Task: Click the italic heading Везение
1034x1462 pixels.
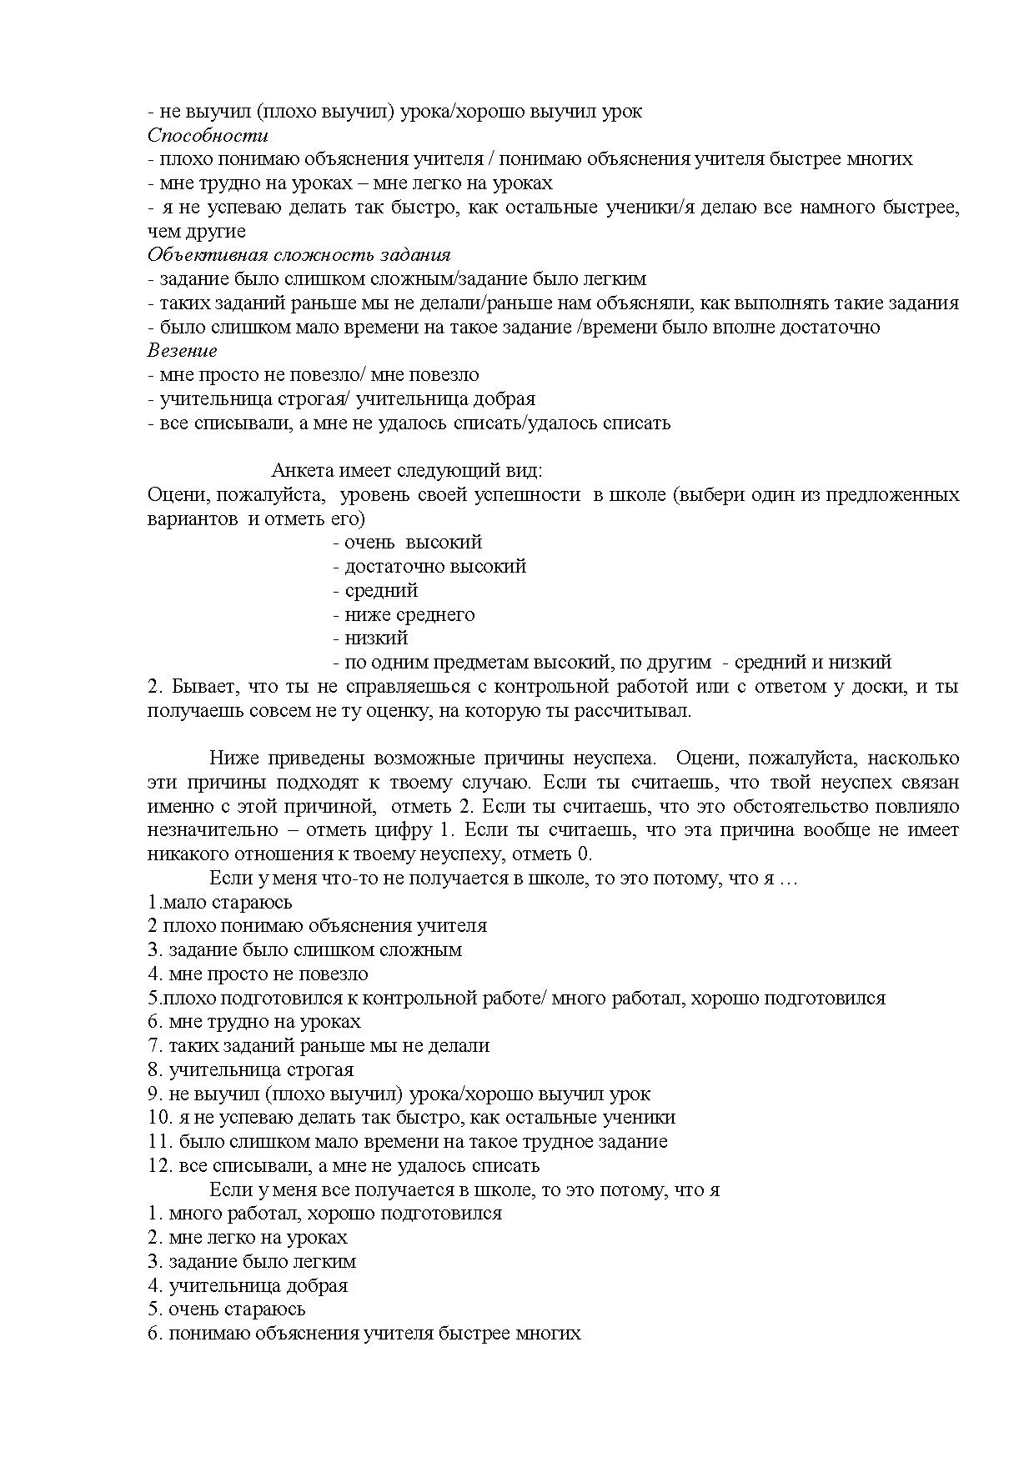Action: coord(182,351)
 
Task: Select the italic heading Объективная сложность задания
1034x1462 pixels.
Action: coord(299,255)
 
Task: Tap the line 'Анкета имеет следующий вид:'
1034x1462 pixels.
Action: coord(407,471)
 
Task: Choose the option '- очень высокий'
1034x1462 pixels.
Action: coord(407,543)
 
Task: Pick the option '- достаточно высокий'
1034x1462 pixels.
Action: coord(429,567)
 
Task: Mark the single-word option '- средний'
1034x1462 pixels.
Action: coord(374,591)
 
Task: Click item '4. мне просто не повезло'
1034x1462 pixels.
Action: coord(258,974)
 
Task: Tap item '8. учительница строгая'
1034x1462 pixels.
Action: coord(250,1070)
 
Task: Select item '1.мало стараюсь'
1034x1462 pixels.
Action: coord(220,903)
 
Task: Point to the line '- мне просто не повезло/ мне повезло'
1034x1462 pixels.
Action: coord(313,375)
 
